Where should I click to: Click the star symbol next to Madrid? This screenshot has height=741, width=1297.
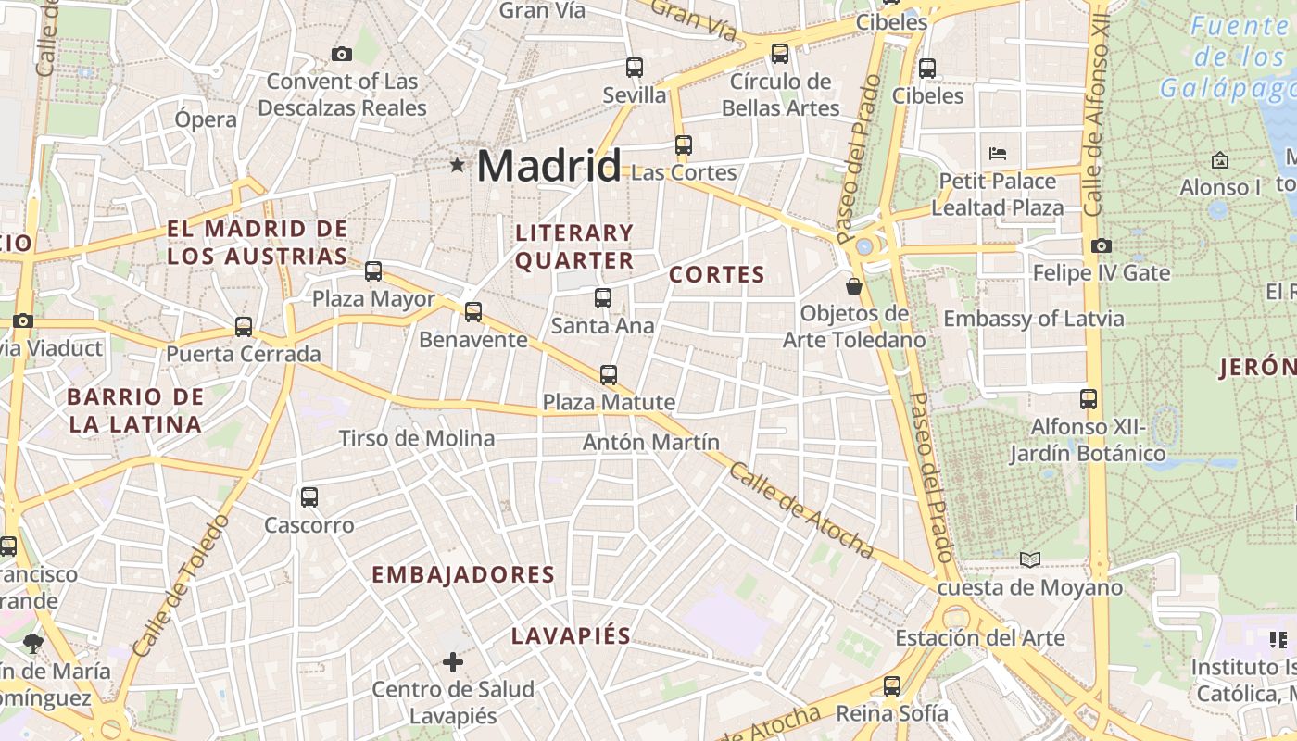[x=457, y=166]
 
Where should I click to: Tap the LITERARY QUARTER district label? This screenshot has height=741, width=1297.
[x=574, y=246]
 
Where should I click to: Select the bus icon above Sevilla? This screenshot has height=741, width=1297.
[x=635, y=68]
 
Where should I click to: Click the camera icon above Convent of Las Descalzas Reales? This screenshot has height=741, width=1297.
[x=342, y=54]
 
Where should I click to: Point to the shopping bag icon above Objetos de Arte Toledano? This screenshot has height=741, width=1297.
[x=854, y=287]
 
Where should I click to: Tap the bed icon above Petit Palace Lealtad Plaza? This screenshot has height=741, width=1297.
[x=998, y=153]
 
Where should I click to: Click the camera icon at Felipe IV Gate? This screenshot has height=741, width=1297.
[x=1101, y=245]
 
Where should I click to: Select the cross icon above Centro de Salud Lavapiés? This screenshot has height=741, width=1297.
[x=453, y=661]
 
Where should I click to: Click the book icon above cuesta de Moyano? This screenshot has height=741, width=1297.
[x=1030, y=559]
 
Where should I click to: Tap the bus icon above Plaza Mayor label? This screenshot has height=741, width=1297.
[x=373, y=271]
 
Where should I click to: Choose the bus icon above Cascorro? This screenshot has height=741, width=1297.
[x=309, y=497]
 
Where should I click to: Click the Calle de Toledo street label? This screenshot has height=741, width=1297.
[x=181, y=585]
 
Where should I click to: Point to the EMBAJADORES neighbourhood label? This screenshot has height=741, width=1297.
[x=463, y=574]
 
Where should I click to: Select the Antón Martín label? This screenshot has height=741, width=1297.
[x=650, y=442]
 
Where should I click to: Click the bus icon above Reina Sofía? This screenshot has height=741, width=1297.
[x=892, y=686]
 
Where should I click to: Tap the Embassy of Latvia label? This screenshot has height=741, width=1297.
[x=1033, y=319]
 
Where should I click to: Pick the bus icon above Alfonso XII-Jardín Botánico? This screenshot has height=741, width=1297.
[x=1089, y=399]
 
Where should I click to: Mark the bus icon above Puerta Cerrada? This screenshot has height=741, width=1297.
[x=244, y=327]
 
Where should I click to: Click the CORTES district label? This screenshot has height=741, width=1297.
[x=717, y=274]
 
